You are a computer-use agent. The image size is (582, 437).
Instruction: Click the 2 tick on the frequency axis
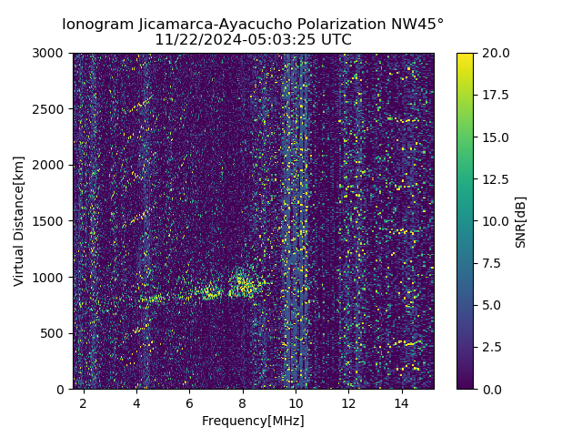tap(84, 401)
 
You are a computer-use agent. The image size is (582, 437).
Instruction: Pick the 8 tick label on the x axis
tap(243, 401)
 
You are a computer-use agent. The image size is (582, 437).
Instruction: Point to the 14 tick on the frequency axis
tap(401, 401)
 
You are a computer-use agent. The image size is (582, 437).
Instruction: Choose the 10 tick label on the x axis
tap(296, 401)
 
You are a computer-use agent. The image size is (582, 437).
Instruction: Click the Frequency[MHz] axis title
tap(253, 421)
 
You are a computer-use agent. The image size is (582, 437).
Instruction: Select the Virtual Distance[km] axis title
tap(19, 221)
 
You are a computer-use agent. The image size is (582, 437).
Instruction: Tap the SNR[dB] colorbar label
tap(521, 221)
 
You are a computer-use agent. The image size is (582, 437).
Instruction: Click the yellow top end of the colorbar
tap(465, 56)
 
